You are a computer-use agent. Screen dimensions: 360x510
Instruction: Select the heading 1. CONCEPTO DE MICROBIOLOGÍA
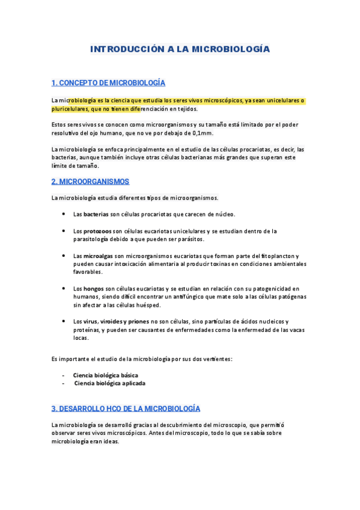[x=108, y=82]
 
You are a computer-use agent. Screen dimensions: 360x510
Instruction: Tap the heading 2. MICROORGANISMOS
[x=90, y=181]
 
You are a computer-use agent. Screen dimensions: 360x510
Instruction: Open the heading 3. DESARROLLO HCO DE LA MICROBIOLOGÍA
[x=126, y=408]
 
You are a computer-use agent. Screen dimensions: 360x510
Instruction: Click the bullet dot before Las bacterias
[x=64, y=214]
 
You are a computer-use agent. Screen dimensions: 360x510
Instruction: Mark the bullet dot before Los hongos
[x=64, y=289]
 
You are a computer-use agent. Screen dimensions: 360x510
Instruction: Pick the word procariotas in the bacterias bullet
[x=153, y=214]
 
